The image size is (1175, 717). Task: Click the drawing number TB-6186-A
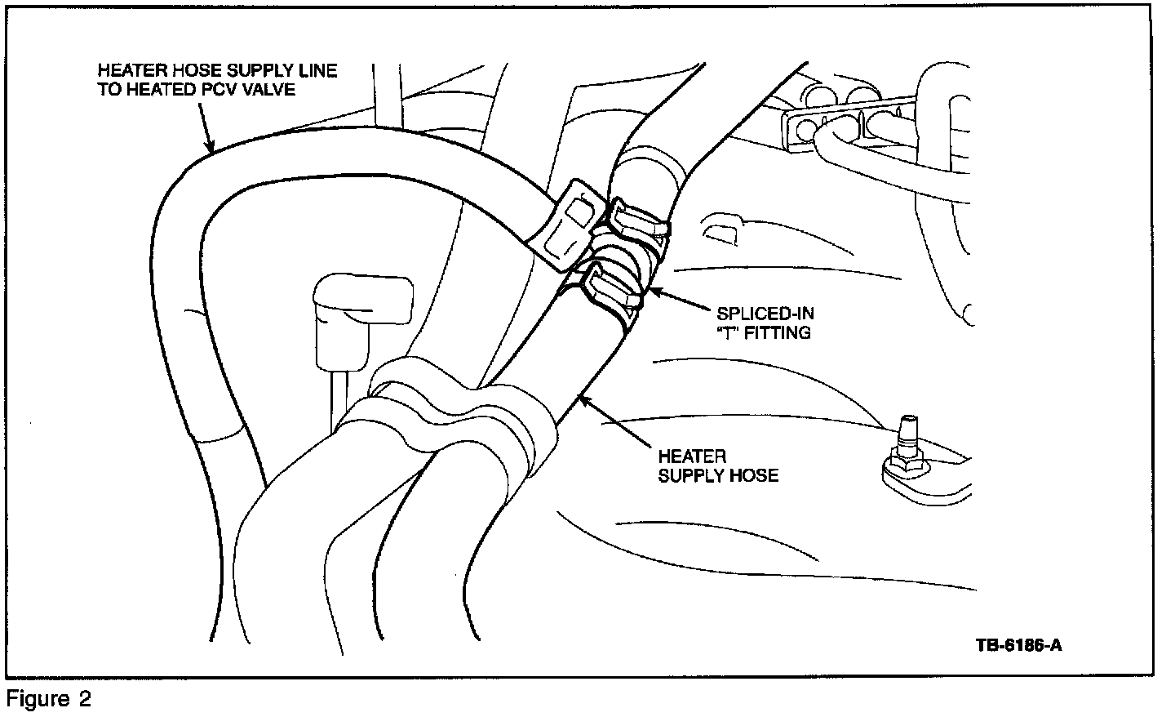pyautogui.click(x=1018, y=645)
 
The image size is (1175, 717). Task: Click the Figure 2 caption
pyautogui.click(x=49, y=699)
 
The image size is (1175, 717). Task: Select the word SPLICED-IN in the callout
pyautogui.click(x=765, y=314)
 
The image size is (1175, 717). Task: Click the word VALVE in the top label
pyautogui.click(x=274, y=90)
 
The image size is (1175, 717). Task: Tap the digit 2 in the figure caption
pyautogui.click(x=84, y=699)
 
